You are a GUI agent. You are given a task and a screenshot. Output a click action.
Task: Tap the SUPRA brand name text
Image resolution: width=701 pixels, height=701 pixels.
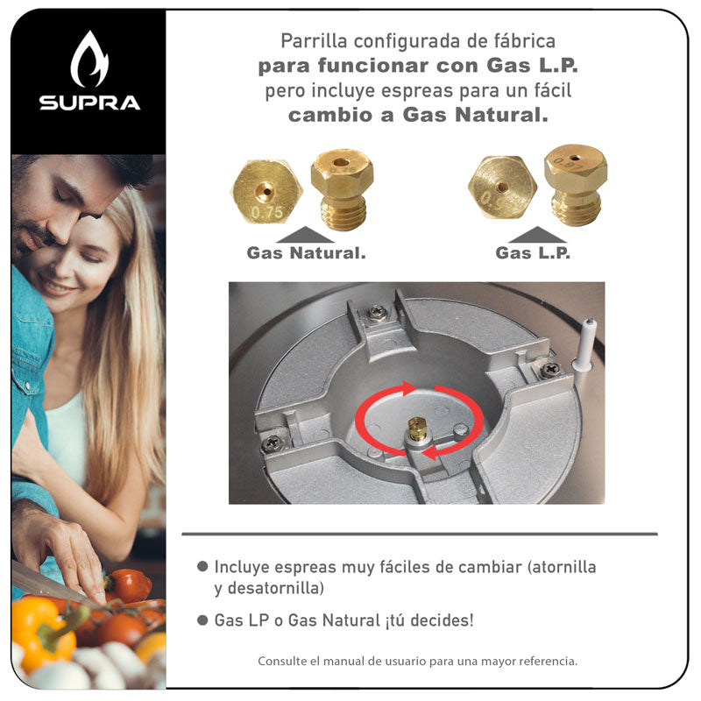coord(89,103)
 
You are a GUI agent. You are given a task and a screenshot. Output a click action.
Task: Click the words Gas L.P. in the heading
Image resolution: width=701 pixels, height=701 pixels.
coord(532,66)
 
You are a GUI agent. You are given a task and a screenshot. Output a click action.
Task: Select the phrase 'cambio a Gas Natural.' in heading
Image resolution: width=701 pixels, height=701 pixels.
coord(418,115)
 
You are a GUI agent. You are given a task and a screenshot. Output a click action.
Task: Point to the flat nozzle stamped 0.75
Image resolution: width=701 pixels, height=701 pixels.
coord(267,191)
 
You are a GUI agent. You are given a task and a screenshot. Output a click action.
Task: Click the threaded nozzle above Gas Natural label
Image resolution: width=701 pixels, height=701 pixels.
coord(343,188)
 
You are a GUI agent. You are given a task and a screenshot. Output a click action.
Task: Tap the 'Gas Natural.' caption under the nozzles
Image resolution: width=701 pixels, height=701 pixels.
coord(306,253)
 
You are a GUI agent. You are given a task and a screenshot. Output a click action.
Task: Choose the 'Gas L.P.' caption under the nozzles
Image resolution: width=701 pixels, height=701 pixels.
coord(533,253)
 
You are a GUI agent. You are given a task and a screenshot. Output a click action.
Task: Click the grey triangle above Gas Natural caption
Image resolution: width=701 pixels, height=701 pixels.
coord(306,234)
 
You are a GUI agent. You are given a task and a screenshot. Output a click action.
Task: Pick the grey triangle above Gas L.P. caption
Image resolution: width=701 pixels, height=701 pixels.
coord(537,234)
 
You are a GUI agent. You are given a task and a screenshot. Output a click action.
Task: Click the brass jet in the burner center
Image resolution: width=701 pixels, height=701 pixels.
coord(417,428)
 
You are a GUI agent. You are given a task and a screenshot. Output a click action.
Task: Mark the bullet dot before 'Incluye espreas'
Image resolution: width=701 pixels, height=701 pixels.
coord(202,567)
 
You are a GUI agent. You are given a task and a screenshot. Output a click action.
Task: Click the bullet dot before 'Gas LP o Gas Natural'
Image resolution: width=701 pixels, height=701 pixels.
coord(202,620)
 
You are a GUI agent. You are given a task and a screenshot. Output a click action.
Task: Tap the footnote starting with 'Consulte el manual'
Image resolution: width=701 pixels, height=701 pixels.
coord(417,661)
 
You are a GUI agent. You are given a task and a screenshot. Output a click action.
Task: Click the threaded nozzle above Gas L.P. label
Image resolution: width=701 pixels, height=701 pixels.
coord(575,184)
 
